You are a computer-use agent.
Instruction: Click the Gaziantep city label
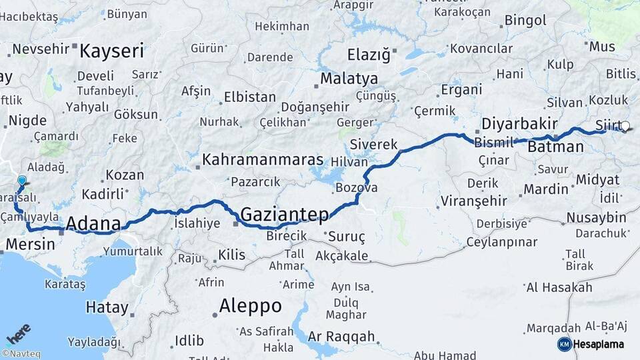click(x=285, y=215)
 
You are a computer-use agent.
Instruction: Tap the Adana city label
click(x=93, y=223)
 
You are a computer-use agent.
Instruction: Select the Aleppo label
click(x=251, y=306)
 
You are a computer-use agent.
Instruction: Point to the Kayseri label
click(x=112, y=51)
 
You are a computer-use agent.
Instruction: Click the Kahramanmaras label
click(x=263, y=161)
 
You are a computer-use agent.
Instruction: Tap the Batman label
click(x=555, y=147)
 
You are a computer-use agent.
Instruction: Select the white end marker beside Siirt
click(x=625, y=126)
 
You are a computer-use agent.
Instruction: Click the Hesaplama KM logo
click(x=593, y=344)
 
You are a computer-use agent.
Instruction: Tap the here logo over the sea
click(x=19, y=333)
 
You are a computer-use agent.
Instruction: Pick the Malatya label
click(x=349, y=79)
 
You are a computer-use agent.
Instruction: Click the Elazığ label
click(x=369, y=55)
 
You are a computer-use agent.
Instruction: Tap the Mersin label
click(x=30, y=245)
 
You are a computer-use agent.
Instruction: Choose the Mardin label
click(x=546, y=189)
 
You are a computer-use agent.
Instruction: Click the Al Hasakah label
click(x=559, y=287)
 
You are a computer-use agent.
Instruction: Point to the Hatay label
click(x=107, y=308)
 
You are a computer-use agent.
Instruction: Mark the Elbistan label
click(x=250, y=97)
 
